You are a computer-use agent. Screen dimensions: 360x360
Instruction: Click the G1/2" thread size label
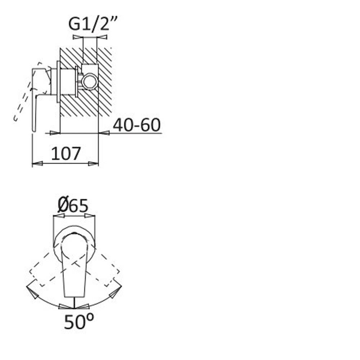[93, 24]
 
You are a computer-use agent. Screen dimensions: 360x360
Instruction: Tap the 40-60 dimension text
[136, 125]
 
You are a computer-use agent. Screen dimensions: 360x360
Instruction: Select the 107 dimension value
[66, 153]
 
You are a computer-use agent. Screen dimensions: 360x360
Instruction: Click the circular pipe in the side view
[90, 81]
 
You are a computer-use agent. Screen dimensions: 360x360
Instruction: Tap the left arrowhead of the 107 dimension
[37, 163]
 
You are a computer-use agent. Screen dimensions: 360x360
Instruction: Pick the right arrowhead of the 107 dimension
[93, 163]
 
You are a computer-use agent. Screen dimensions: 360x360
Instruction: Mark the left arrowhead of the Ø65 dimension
[59, 216]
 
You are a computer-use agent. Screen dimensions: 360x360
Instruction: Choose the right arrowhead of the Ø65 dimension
[90, 216]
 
